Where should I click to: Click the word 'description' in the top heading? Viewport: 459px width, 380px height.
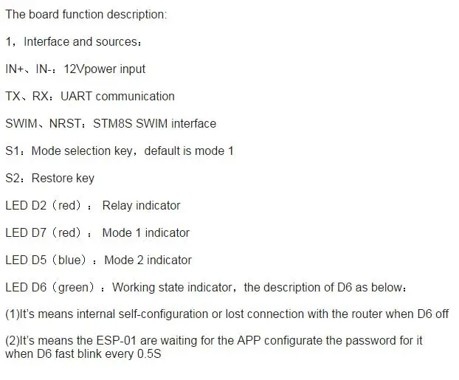pyautogui.click(x=137, y=15)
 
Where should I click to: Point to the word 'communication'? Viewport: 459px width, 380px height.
pyautogui.click(x=135, y=97)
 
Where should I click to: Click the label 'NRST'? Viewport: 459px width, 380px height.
pyautogui.click(x=65, y=123)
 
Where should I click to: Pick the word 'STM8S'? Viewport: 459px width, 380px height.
pyautogui.click(x=113, y=123)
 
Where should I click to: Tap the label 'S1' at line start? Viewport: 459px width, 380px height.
pyautogui.click(x=13, y=151)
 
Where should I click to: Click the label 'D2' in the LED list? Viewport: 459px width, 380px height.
pyautogui.click(x=38, y=205)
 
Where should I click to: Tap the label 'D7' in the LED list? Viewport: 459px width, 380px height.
pyautogui.click(x=38, y=232)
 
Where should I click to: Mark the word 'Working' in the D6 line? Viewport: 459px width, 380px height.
pyautogui.click(x=134, y=288)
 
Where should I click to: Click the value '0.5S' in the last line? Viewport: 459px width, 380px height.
pyautogui.click(x=149, y=353)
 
